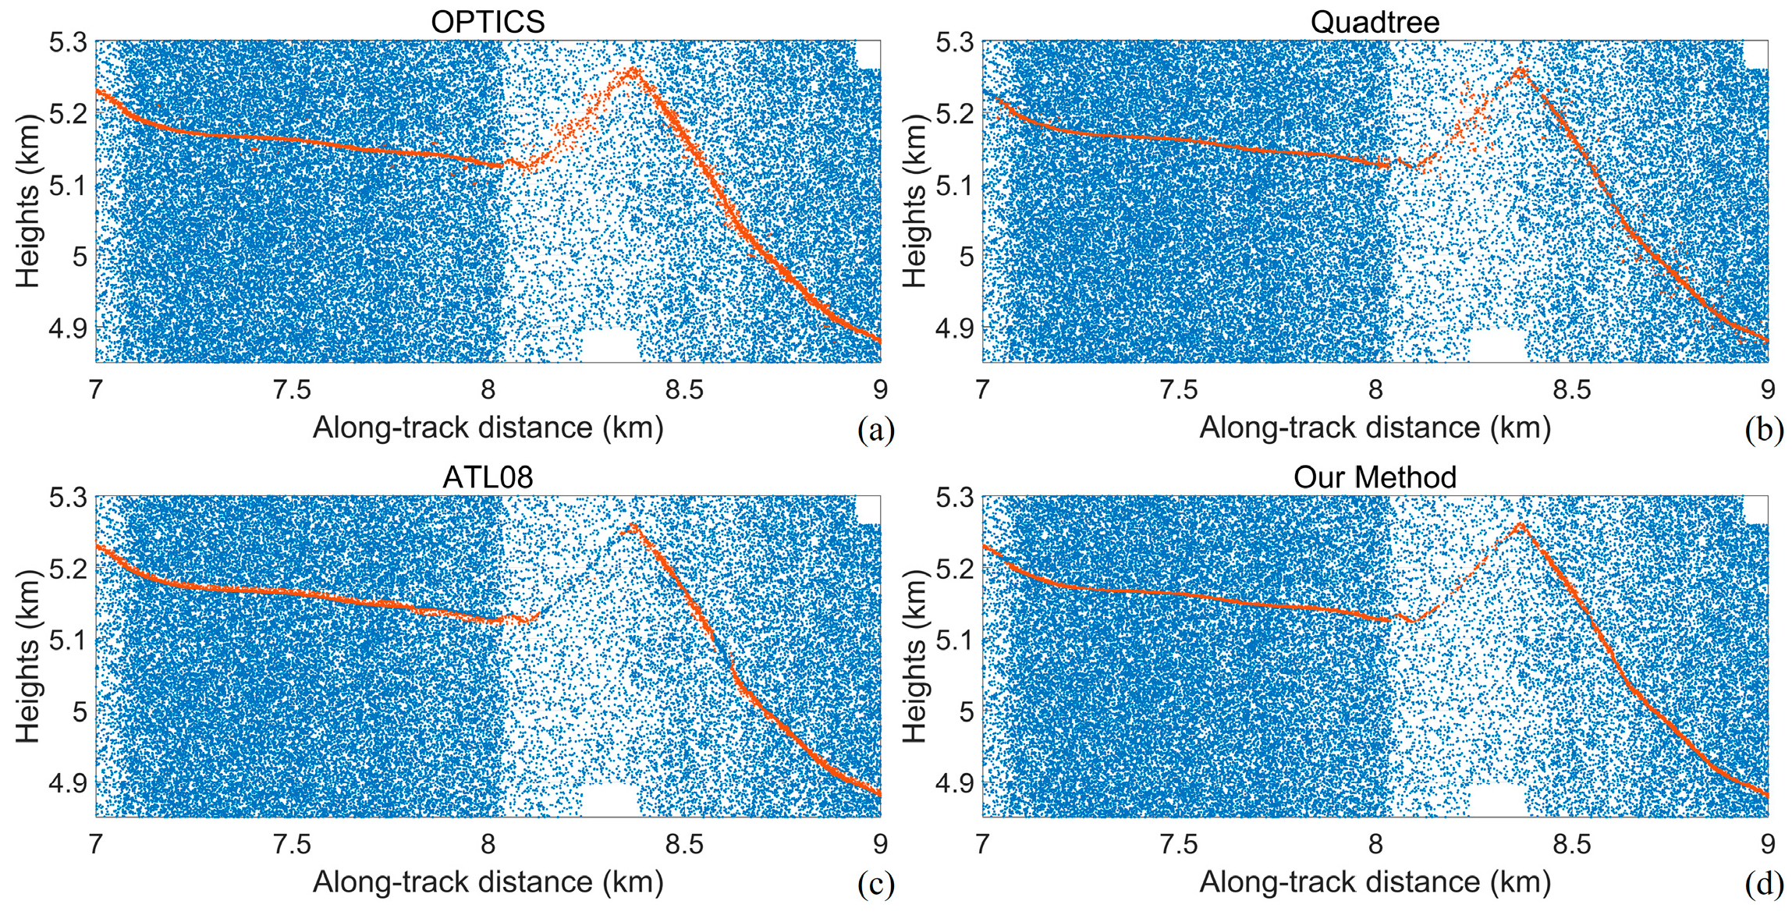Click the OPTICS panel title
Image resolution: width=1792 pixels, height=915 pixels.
[488, 22]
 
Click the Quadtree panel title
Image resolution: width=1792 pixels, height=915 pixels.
[1375, 22]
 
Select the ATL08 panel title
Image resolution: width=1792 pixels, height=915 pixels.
[488, 477]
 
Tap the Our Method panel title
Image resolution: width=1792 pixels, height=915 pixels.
[1375, 477]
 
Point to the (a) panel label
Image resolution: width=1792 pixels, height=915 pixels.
[875, 430]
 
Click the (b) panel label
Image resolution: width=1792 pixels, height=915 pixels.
[1764, 430]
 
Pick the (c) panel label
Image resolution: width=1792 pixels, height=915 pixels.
[875, 885]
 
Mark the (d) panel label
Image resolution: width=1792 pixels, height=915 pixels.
[1764, 885]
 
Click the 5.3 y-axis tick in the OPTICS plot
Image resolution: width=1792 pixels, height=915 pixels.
[68, 42]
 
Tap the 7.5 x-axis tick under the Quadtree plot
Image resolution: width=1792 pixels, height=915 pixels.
[1178, 389]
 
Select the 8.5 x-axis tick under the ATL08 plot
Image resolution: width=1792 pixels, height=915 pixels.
[684, 844]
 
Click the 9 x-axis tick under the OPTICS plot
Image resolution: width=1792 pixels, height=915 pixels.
[880, 389]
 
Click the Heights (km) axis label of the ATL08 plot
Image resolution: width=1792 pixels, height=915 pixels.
[28, 656]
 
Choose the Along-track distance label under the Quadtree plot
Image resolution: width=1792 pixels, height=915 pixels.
[1375, 427]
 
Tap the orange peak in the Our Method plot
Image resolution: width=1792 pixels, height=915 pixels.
[1519, 526]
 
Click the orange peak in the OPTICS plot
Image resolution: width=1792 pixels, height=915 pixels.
[632, 71]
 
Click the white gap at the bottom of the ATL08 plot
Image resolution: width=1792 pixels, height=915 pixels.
[610, 801]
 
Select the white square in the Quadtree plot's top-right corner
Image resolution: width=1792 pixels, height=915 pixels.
[1755, 55]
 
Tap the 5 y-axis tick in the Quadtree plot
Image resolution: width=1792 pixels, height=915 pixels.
[966, 257]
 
